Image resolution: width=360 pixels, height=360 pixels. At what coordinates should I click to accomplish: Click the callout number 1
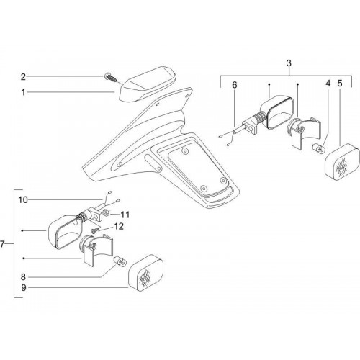pos(23,92)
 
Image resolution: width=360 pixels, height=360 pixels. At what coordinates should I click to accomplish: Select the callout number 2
pos(23,77)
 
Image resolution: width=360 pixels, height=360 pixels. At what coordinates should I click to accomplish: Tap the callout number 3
pos(289,63)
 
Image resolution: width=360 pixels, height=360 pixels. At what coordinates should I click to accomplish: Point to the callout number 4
pos(328,84)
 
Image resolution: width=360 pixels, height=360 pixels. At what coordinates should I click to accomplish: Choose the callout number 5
pos(340,84)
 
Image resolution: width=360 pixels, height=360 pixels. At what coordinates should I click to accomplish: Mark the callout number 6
pos(234,85)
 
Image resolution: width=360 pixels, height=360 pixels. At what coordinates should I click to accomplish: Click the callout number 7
pos(3,244)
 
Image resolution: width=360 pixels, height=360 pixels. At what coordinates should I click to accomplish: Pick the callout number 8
pos(23,277)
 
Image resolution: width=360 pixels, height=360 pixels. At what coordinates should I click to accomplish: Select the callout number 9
pos(23,287)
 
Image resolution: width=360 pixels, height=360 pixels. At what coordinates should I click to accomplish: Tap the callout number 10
pos(23,199)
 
